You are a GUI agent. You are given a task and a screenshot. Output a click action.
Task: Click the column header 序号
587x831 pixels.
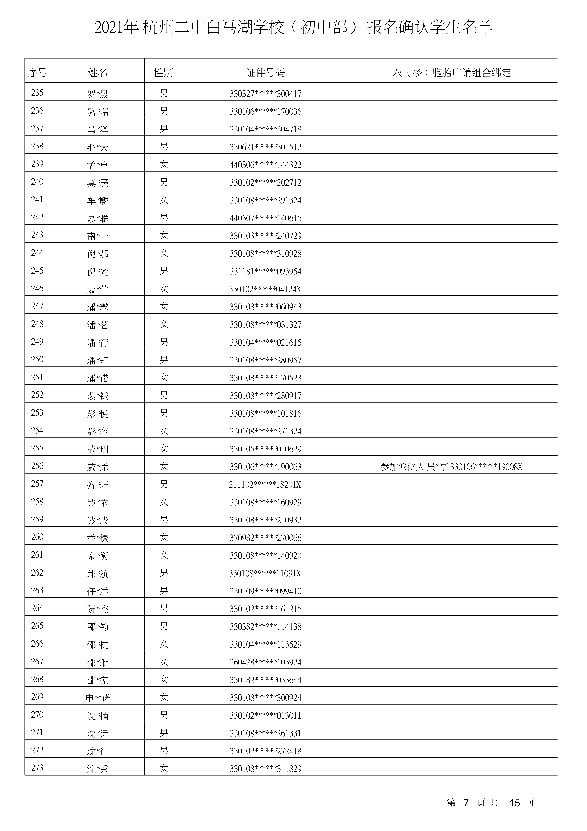pos(37,73)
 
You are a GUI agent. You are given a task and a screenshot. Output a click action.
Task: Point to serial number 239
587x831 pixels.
pos(37,164)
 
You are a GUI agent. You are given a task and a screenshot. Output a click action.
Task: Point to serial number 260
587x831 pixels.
pos(37,537)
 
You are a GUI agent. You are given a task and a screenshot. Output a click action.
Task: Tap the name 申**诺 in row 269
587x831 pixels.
pos(98,698)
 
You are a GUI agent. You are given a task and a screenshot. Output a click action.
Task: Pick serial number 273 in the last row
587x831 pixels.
pos(37,768)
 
